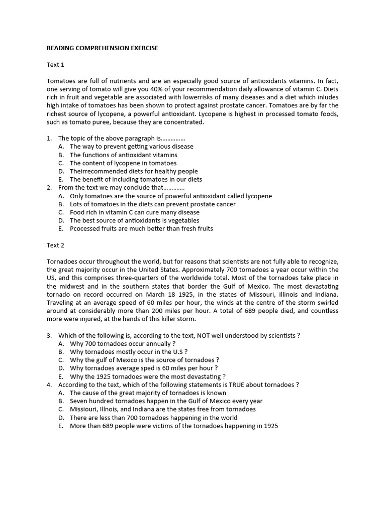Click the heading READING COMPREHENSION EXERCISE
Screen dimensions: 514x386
(x=102, y=48)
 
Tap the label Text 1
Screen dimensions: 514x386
(x=55, y=65)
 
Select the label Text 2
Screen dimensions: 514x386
(x=55, y=245)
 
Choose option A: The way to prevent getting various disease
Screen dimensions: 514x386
(x=131, y=147)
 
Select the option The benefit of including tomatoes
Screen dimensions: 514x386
(x=136, y=179)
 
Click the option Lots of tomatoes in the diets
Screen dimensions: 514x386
(x=152, y=204)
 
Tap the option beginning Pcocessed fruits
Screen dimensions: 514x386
(x=141, y=228)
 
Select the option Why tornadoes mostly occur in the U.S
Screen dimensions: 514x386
(x=128, y=352)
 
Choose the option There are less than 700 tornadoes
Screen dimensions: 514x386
(x=153, y=418)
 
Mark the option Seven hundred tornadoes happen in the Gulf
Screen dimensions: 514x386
(x=166, y=401)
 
